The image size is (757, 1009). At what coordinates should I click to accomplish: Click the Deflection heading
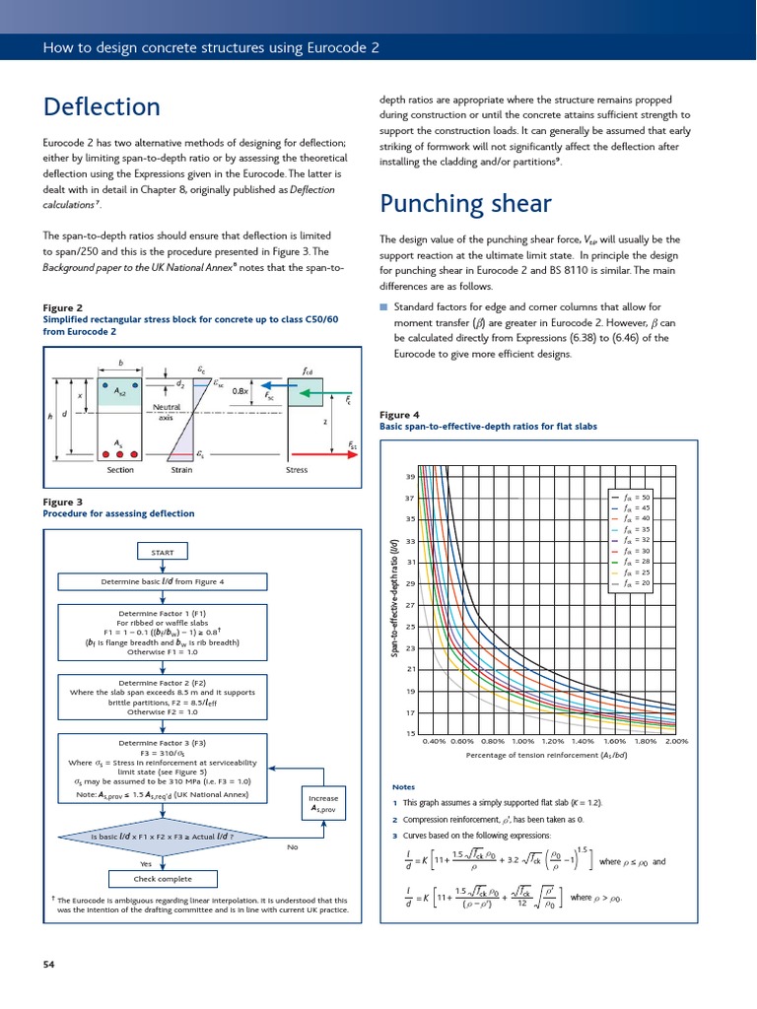(x=102, y=106)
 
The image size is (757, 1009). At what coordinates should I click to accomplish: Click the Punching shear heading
(x=465, y=203)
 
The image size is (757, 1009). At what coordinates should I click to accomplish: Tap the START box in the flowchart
(x=162, y=552)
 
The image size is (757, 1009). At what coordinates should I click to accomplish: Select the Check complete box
(x=162, y=878)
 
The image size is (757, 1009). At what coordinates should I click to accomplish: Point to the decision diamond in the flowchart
(x=162, y=837)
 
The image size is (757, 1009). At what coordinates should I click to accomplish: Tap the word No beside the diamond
(x=292, y=846)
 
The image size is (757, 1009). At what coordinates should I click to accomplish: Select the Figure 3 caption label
(x=64, y=502)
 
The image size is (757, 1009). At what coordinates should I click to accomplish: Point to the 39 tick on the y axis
(x=409, y=477)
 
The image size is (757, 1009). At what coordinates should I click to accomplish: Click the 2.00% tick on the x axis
(x=676, y=741)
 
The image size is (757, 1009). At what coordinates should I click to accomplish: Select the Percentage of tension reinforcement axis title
(x=547, y=756)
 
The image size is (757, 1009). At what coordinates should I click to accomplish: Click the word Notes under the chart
(x=403, y=787)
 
